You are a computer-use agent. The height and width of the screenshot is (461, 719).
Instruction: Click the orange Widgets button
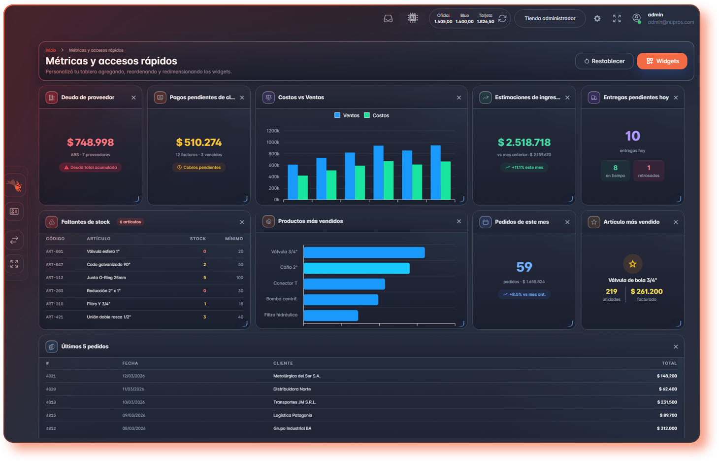tap(662, 61)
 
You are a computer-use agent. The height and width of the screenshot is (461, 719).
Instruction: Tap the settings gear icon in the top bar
tap(597, 19)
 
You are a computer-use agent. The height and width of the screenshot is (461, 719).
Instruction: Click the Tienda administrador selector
tap(550, 19)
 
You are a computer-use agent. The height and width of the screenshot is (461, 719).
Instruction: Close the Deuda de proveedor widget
tap(133, 98)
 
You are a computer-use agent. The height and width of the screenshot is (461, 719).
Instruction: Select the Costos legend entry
tap(377, 115)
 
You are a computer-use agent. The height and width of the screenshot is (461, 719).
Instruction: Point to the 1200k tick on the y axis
tap(273, 131)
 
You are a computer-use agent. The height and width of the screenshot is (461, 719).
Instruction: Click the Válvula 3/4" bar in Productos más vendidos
tap(364, 252)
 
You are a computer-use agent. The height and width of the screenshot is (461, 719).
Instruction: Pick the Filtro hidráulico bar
tap(331, 316)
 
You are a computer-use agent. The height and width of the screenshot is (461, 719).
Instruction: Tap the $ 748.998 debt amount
tap(91, 142)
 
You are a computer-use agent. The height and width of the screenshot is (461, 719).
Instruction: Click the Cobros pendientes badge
tap(199, 167)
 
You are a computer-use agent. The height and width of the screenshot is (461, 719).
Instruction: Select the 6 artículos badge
tap(130, 222)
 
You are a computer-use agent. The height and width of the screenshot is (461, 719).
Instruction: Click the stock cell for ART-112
tap(205, 278)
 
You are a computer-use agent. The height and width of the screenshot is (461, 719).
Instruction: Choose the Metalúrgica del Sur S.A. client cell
tap(297, 376)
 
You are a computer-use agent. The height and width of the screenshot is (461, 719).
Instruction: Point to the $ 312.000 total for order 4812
tap(667, 428)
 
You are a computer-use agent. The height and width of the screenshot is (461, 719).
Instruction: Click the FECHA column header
tap(130, 363)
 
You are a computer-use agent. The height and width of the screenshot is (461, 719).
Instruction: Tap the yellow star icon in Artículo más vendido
tap(633, 264)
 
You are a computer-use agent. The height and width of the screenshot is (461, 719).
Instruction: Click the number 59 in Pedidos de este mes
tap(524, 267)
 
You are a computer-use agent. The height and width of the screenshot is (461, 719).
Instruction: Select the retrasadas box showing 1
tap(649, 171)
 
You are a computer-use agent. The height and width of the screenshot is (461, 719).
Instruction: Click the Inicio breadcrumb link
tap(51, 50)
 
